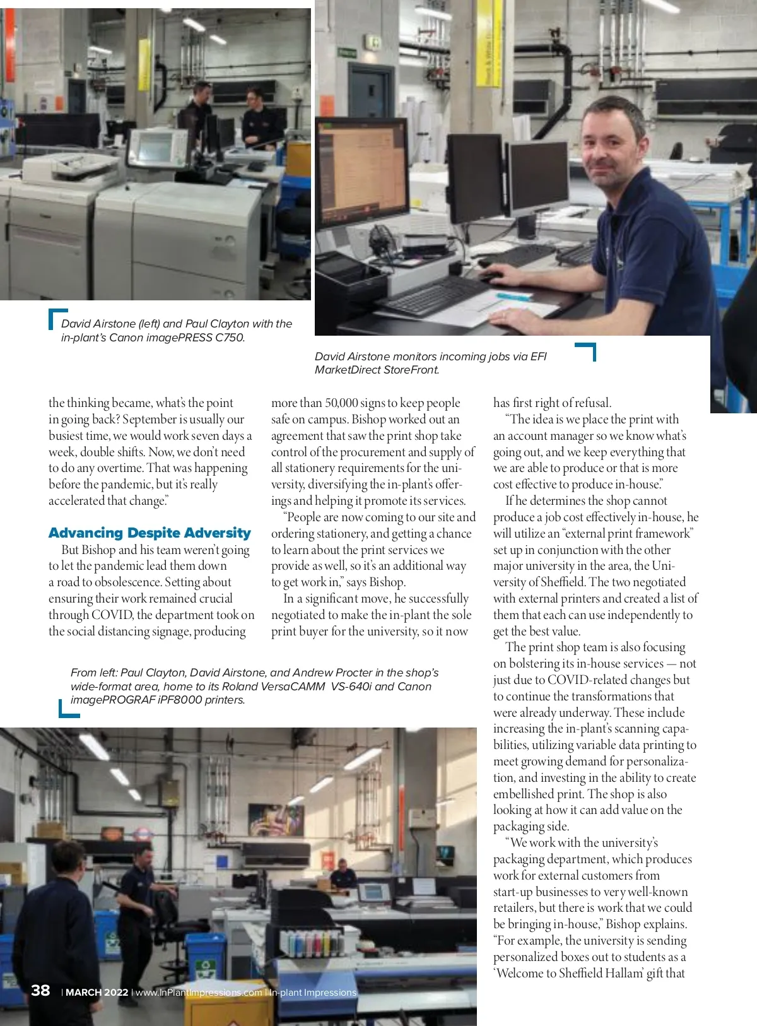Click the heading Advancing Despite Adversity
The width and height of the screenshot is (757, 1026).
tap(150, 533)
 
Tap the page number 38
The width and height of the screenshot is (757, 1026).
tap(40, 990)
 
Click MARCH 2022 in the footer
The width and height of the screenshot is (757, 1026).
tap(97, 993)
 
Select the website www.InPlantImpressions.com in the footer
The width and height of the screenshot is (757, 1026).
tap(199, 993)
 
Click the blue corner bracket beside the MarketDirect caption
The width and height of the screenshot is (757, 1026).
tap(587, 350)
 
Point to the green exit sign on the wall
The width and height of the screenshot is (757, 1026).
tap(346, 53)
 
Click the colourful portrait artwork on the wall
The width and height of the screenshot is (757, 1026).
tap(276, 820)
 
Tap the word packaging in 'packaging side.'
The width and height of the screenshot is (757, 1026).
tap(518, 827)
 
